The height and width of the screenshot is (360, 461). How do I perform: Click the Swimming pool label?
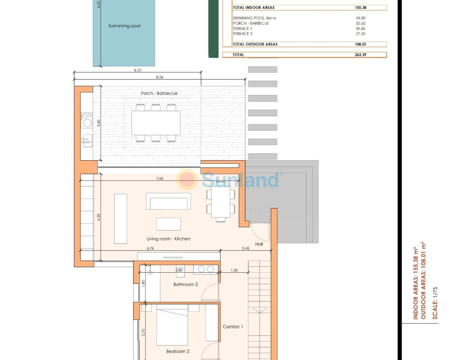124,26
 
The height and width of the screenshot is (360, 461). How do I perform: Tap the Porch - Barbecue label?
159,93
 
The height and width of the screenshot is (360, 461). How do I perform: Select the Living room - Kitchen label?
168,238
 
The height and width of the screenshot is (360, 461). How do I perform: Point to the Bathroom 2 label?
185,284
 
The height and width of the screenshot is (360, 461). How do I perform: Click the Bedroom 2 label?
177,351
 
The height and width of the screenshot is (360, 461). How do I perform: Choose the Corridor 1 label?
233,327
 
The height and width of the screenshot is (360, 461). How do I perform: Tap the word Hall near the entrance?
259,244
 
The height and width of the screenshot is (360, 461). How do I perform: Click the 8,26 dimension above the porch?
160,77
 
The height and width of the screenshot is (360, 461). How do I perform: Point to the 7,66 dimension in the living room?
160,178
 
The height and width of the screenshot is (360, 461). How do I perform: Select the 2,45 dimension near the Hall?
245,248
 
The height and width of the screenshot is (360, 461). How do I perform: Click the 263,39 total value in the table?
361,54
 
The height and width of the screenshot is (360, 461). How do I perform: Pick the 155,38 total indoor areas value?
361,8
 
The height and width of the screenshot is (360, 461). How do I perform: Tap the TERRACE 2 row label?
243,34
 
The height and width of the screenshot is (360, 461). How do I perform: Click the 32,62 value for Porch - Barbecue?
361,23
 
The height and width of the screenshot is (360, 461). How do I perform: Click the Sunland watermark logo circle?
187,180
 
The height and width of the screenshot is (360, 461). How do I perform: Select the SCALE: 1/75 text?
435,303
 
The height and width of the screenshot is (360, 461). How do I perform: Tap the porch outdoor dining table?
156,123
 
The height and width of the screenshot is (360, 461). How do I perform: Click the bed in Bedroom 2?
172,325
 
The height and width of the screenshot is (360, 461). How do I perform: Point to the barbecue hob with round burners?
87,120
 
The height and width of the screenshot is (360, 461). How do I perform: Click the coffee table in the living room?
168,224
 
